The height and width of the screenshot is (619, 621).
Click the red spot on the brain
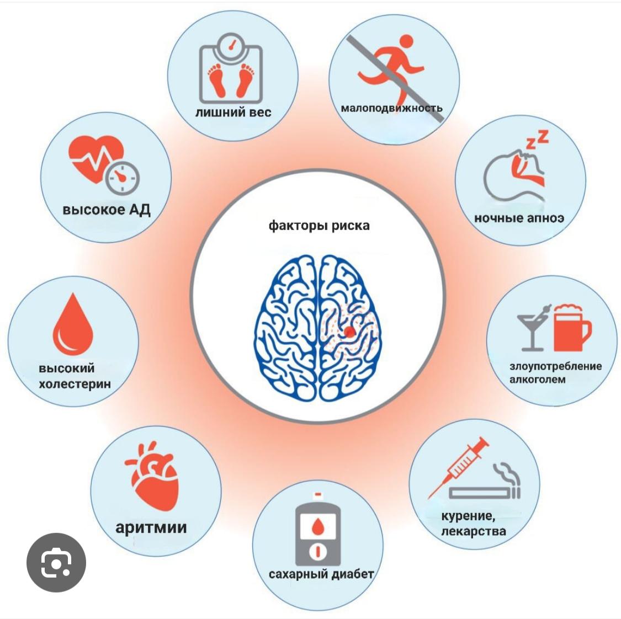pos(349,332)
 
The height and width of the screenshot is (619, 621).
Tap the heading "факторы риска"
pos(319,226)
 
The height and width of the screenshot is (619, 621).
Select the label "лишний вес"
pos(233,112)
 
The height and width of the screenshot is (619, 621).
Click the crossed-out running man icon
pos(393,66)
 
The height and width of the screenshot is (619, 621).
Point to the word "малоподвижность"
pos(391,108)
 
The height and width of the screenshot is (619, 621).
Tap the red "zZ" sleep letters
pos(537,140)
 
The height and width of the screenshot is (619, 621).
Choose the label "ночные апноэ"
pos(519,218)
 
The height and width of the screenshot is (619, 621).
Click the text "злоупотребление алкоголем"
pos(555,372)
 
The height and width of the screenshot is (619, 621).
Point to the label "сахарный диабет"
pos(321,574)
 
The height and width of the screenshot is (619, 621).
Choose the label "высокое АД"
pos(107,210)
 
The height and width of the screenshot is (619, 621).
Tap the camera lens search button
pos(56,562)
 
